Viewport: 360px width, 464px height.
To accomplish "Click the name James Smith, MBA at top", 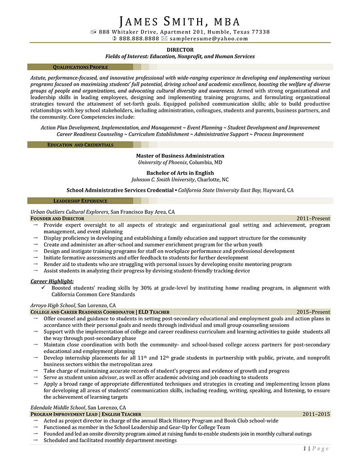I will (x=180, y=21).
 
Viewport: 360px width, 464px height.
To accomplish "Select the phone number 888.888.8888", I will (x=139, y=38).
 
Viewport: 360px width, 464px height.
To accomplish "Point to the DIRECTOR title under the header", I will (x=180, y=49).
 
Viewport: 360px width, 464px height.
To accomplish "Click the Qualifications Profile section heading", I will (x=80, y=67).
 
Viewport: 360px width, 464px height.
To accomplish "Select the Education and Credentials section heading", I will (x=80, y=145).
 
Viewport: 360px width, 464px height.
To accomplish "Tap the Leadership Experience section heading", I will (x=80, y=201).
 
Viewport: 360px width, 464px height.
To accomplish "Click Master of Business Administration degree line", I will (x=180, y=156).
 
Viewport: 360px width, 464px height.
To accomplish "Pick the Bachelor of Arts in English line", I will (x=180, y=173).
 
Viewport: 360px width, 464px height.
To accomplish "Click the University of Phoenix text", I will (x=163, y=162).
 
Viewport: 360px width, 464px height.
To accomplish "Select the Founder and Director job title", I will (x=57, y=218).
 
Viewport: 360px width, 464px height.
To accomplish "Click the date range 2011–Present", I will (x=313, y=218).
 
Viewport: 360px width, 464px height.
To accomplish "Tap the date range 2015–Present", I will (x=313, y=312).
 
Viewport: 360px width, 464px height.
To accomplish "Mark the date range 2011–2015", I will (x=316, y=415).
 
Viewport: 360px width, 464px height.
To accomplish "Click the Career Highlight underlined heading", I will (x=52, y=281).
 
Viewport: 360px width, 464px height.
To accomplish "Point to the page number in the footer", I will (x=304, y=448).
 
